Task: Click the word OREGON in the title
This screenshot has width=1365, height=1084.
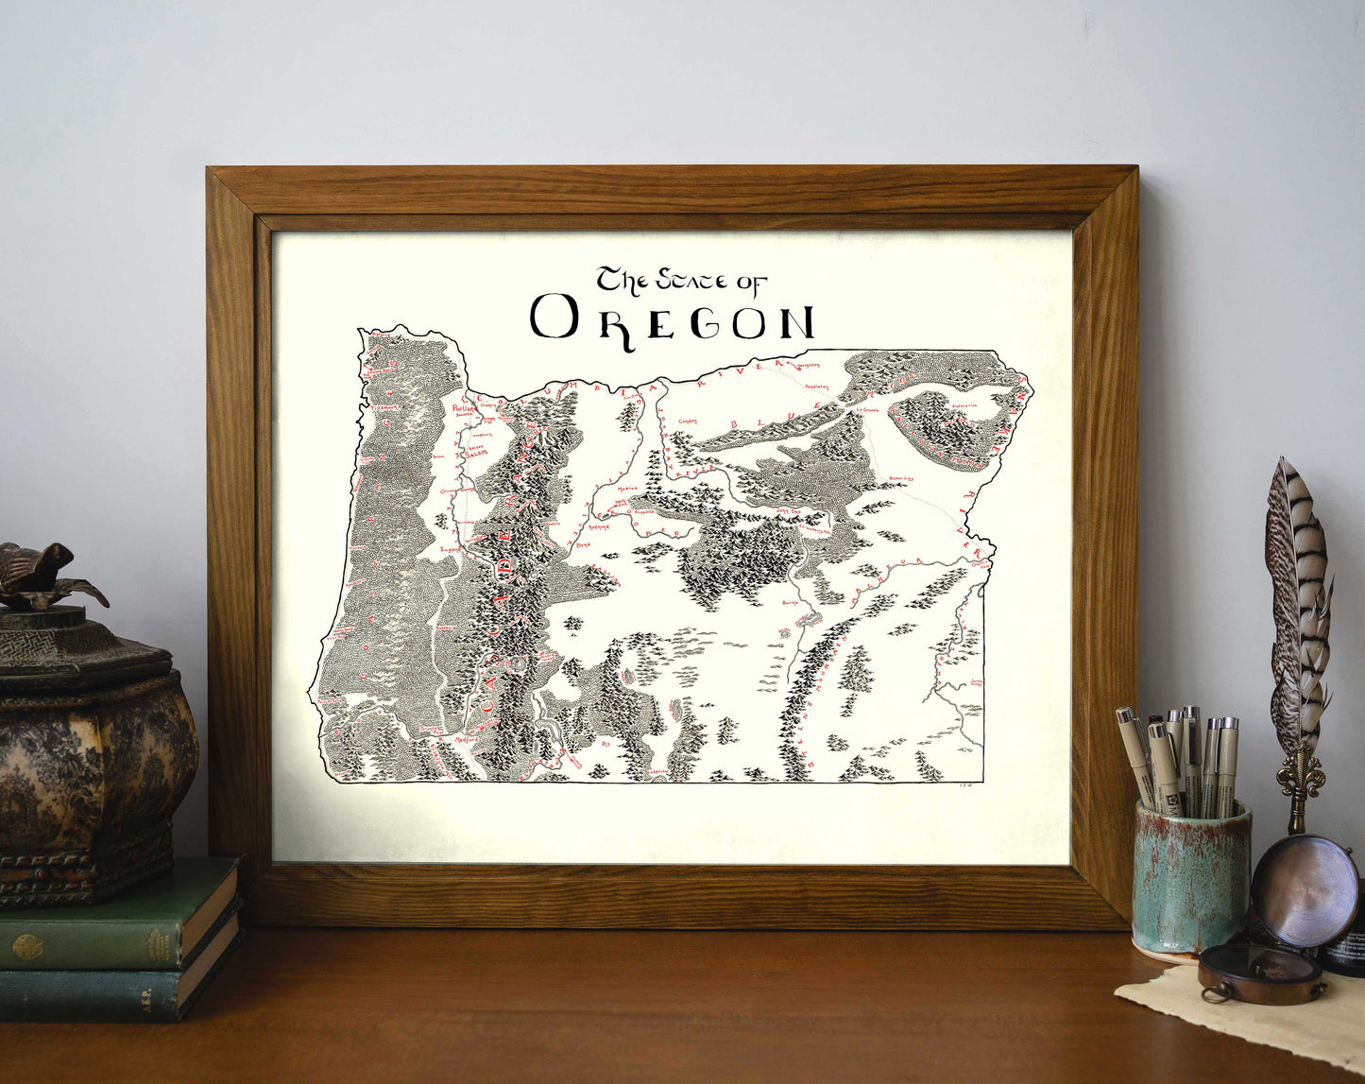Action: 672,318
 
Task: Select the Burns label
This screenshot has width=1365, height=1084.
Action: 791,602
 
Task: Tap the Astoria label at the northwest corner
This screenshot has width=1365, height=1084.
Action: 380,335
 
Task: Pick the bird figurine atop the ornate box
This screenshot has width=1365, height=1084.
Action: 43,575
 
